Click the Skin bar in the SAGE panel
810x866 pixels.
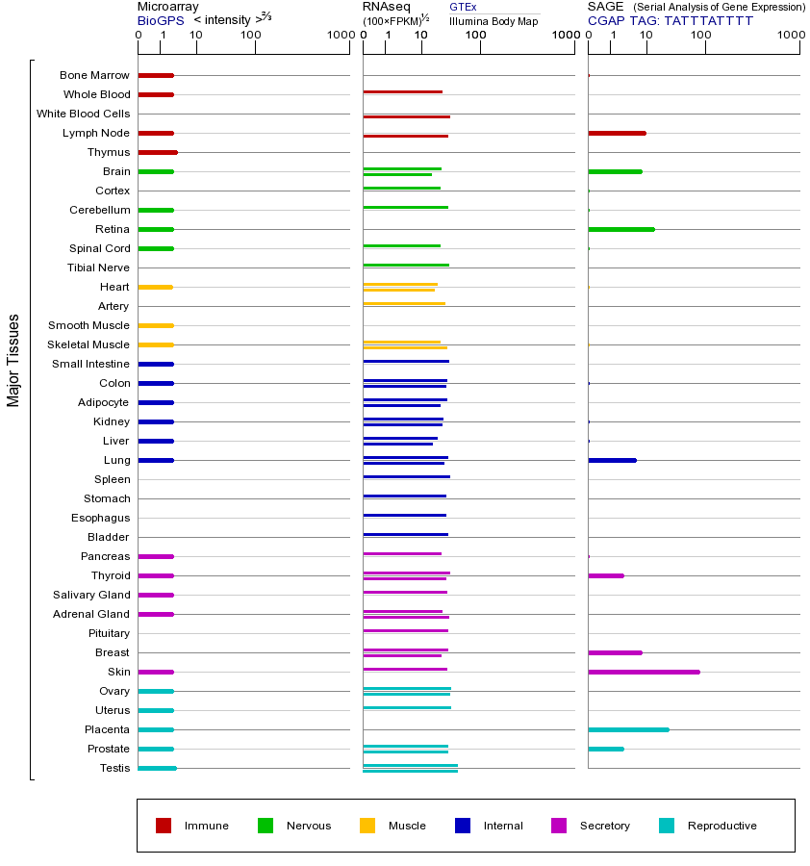(x=644, y=672)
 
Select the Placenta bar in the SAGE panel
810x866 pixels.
(x=628, y=729)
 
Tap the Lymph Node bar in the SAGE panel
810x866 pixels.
(x=617, y=133)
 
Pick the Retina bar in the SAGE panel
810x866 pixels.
(x=620, y=229)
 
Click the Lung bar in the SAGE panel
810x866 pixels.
(x=612, y=460)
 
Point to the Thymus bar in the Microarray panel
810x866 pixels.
(x=158, y=152)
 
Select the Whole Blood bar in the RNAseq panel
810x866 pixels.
(x=402, y=91)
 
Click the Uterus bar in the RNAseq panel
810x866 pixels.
(x=407, y=707)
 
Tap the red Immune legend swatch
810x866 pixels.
(x=164, y=826)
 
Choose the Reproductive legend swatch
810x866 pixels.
(x=667, y=826)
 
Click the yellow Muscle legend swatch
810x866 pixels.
(x=367, y=826)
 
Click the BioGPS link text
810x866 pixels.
(x=158, y=20)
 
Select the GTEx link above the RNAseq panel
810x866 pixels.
(x=463, y=8)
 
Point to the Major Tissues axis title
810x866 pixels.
(x=13, y=360)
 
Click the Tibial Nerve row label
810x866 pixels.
(x=98, y=267)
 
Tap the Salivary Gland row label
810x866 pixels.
(x=91, y=595)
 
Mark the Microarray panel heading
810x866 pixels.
(x=167, y=7)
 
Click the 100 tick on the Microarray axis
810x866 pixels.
(x=251, y=36)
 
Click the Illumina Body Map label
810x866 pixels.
(x=494, y=21)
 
